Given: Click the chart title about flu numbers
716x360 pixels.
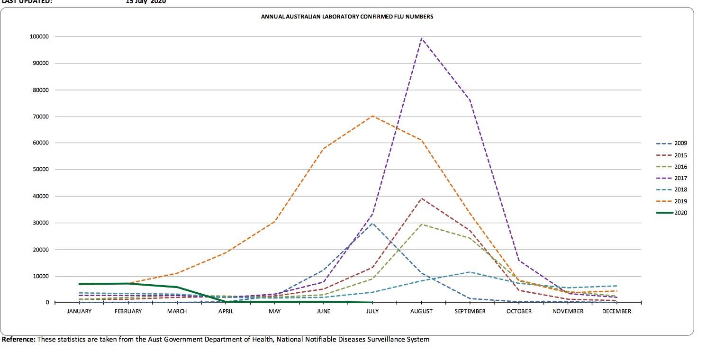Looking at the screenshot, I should pyautogui.click(x=347, y=17).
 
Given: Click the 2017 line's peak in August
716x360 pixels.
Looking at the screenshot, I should pyautogui.click(x=421, y=38).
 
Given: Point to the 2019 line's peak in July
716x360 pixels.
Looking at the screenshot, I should pyautogui.click(x=372, y=116).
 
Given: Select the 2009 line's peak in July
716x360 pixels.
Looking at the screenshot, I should pyautogui.click(x=372, y=223).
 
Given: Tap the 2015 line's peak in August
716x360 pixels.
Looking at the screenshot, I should pyautogui.click(x=421, y=198).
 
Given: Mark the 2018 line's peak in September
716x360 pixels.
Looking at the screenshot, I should pyautogui.click(x=470, y=272).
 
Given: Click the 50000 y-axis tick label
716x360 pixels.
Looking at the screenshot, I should pyautogui.click(x=40, y=170).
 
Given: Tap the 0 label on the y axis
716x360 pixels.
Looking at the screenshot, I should pyautogui.click(x=47, y=302).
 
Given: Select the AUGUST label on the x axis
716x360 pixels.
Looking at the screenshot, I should pyautogui.click(x=421, y=312).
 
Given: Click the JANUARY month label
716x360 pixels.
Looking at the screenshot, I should pyautogui.click(x=79, y=312).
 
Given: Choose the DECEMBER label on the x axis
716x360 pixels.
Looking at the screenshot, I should pyautogui.click(x=616, y=312).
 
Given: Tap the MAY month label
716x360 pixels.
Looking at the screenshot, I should pyautogui.click(x=274, y=312).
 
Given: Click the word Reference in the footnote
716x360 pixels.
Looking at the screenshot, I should pyautogui.click(x=18, y=339).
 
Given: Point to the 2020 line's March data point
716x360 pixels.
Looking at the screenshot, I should pyautogui.click(x=177, y=287).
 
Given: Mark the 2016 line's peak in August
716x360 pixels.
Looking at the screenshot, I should pyautogui.click(x=421, y=225).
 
